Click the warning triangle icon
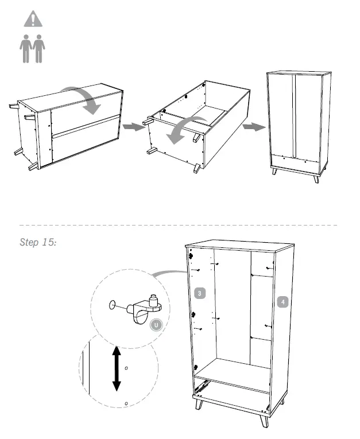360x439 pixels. click(33, 19)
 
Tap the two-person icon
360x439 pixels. click(33, 49)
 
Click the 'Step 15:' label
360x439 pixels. click(38, 242)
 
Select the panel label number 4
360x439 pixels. click(282, 300)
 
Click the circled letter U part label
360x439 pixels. click(156, 325)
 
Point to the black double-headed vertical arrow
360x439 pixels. click(116, 368)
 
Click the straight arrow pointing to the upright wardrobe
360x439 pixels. click(250, 126)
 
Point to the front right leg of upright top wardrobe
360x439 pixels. click(316, 177)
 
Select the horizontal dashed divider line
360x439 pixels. click(178, 225)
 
